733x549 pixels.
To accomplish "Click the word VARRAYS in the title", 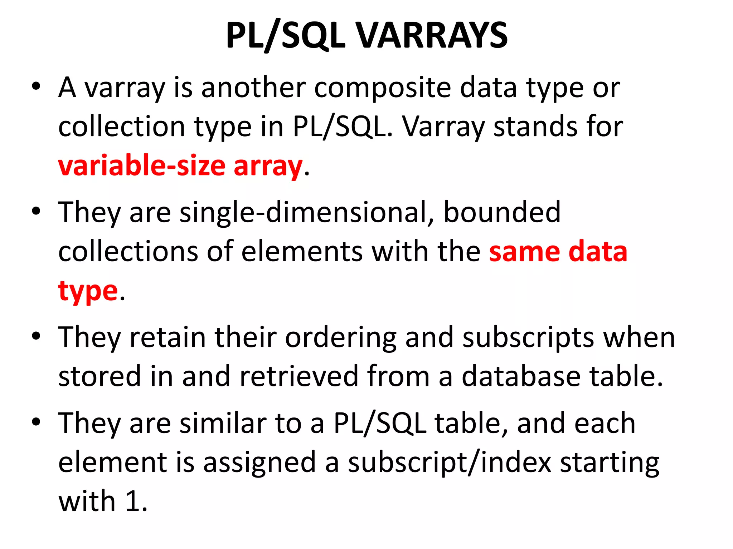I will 432,36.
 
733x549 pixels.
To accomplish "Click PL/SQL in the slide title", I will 286,36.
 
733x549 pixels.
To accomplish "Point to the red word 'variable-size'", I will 142,166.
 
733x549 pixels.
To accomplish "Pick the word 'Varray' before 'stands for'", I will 444,127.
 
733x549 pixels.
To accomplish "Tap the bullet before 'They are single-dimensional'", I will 36,211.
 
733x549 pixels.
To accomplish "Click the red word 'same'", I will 524,252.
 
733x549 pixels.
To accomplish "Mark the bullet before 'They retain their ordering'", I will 36,336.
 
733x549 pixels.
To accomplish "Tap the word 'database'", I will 521,376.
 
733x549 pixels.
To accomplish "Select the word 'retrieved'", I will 299,376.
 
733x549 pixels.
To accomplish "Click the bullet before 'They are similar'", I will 36,422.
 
